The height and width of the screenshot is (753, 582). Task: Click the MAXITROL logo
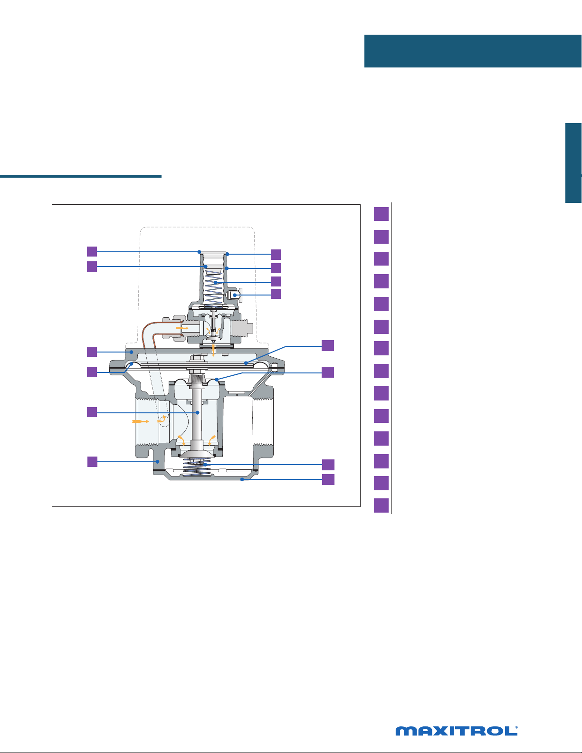tap(457, 731)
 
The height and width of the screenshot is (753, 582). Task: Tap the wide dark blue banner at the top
tap(473, 51)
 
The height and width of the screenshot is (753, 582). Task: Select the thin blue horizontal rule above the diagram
tap(81, 176)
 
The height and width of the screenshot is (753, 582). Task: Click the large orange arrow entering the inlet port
tap(141, 421)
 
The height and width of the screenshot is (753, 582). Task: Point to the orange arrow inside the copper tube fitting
tap(182, 328)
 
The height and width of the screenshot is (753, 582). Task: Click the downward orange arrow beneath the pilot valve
tap(213, 350)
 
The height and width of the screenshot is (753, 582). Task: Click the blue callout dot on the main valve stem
tap(198, 413)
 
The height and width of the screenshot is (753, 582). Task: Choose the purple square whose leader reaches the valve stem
tap(92, 412)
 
